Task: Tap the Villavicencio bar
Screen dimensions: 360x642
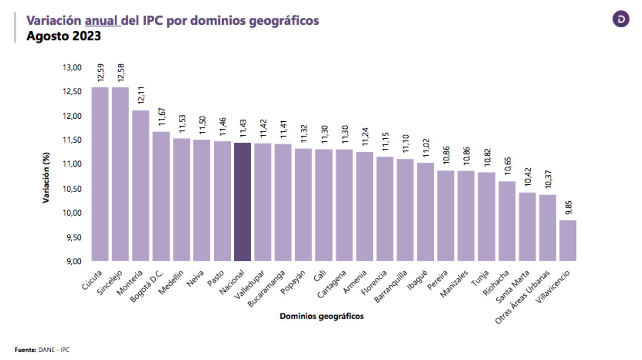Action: (568, 240)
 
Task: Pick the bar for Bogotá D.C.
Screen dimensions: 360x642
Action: (161, 196)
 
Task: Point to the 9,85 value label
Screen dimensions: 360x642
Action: (568, 207)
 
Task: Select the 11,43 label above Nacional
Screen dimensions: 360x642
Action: (243, 128)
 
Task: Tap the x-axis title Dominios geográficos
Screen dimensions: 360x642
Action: (322, 316)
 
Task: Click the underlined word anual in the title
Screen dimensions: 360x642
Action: (102, 21)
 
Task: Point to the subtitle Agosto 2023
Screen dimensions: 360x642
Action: (64, 36)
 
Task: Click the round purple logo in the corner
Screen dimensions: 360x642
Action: (621, 19)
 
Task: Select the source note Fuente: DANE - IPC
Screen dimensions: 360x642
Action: (42, 350)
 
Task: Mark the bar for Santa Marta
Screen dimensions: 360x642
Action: (527, 227)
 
